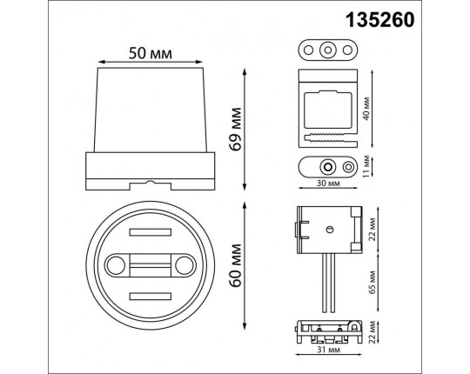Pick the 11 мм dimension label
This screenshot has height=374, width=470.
pos(372,165)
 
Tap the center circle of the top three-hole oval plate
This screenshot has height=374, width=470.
pos(327,49)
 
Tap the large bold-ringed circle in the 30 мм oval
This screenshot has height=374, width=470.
pos(327,165)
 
